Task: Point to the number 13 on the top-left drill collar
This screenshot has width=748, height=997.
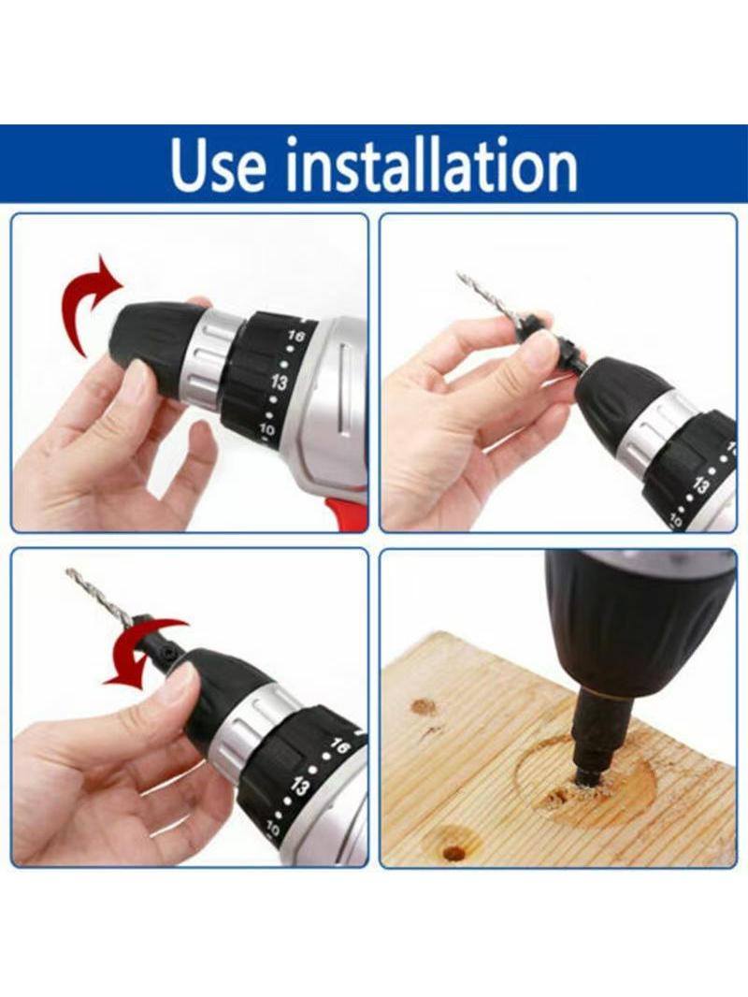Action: [279, 383]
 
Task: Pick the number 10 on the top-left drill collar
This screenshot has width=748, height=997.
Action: [266, 430]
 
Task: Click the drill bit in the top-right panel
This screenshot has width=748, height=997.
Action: [489, 303]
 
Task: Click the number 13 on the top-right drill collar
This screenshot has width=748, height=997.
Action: [699, 485]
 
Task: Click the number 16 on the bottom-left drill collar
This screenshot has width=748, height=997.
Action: [340, 746]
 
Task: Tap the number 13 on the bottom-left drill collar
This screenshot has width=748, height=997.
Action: [298, 788]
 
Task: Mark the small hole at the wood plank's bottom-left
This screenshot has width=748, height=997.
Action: [453, 851]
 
